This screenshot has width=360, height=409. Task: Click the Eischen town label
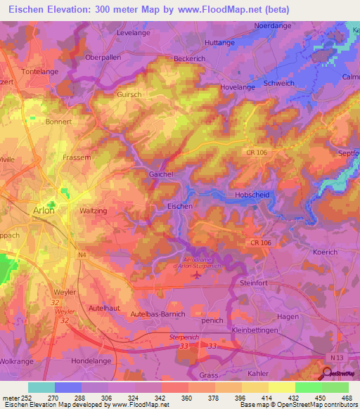[x=179, y=206]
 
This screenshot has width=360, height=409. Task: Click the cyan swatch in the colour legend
[x=41, y=387]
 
